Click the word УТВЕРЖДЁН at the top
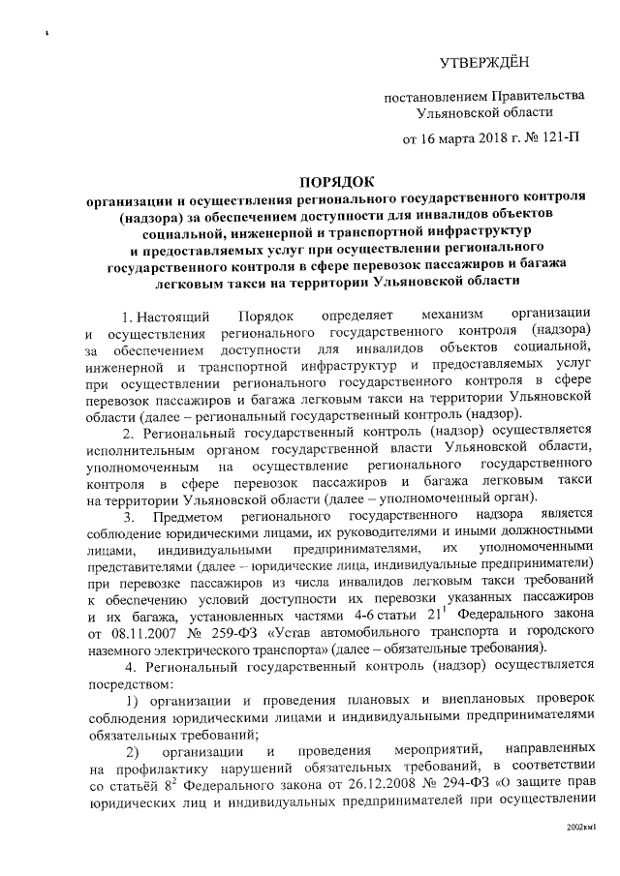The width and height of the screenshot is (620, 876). tap(480, 64)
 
